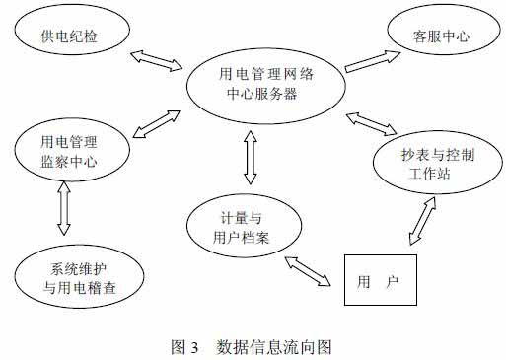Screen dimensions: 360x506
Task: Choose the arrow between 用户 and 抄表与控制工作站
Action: click(419, 223)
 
